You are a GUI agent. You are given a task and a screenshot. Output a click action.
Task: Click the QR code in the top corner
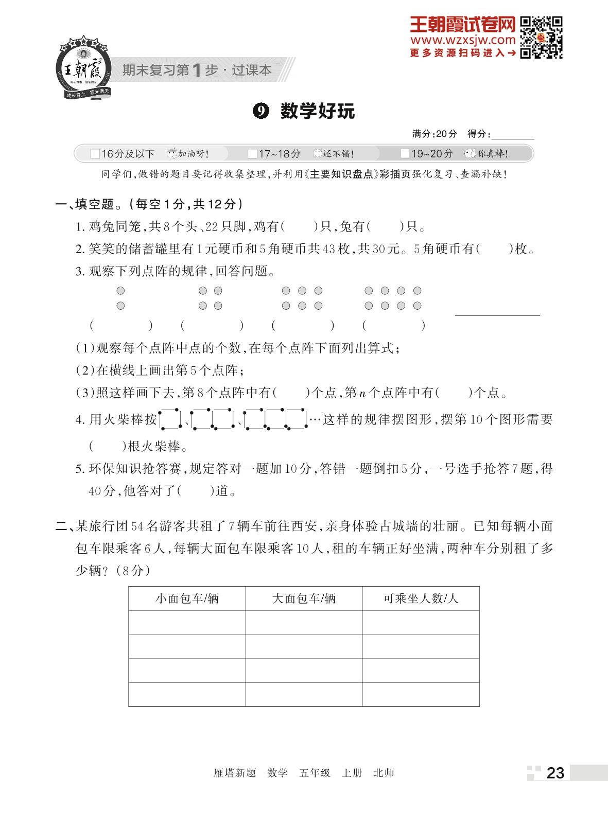[541, 37]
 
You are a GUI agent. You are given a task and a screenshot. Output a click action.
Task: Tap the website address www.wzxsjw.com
[462, 40]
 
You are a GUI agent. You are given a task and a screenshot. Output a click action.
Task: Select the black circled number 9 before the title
[261, 111]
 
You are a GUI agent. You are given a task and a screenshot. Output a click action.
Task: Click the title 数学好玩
[317, 111]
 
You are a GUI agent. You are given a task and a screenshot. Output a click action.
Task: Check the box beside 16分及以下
[95, 154]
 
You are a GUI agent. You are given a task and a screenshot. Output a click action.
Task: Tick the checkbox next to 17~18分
[252, 154]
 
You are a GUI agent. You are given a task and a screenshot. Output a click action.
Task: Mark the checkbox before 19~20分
[405, 154]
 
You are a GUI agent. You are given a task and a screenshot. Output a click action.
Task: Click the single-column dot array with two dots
[120, 298]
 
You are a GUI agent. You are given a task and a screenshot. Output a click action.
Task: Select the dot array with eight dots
[393, 298]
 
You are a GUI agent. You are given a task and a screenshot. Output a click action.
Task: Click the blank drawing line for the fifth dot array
[497, 314]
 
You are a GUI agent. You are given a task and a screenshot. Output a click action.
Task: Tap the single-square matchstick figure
[170, 419]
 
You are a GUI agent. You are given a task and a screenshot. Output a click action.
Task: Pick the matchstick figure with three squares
[275, 419]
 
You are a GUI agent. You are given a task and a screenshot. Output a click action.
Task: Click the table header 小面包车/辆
[187, 598]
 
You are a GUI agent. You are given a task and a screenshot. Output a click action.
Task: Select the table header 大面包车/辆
[304, 598]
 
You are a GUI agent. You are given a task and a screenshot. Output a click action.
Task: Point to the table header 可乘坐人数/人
[421, 598]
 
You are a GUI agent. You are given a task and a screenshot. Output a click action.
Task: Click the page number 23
[555, 773]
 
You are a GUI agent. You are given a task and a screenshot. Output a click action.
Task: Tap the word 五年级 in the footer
[315, 773]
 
